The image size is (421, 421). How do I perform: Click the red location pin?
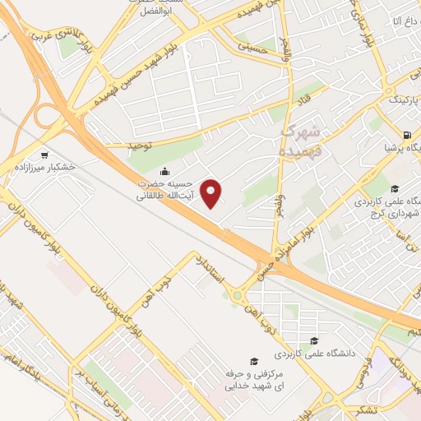[x=211, y=193]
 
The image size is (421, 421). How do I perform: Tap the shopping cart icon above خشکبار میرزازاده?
[x=44, y=154]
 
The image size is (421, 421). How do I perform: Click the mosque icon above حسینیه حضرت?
[x=166, y=172]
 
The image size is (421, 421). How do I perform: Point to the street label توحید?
[x=141, y=146]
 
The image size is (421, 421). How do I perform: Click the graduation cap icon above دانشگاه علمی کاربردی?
[x=312, y=340]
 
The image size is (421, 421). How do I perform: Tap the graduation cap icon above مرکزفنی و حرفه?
[x=254, y=362]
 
